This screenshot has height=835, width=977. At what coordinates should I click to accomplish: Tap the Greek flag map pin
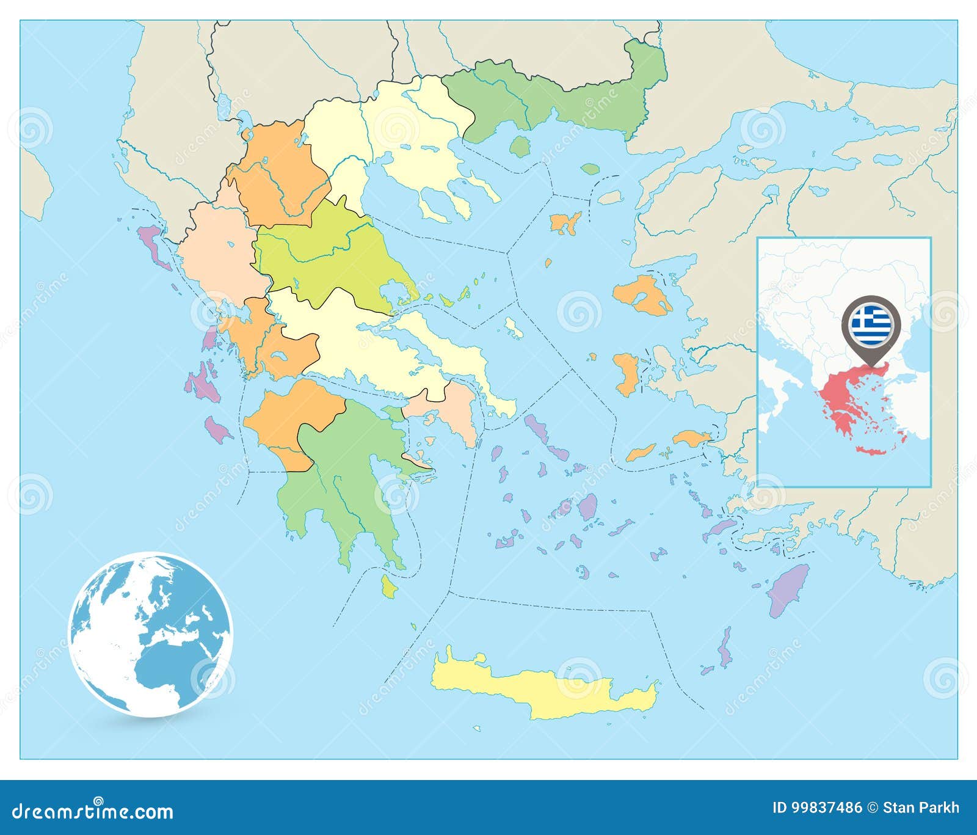click(870, 321)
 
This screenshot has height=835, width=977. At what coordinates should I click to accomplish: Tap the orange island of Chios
click(627, 374)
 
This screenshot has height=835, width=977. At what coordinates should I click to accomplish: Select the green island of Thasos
click(520, 147)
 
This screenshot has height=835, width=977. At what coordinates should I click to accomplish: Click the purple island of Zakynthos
click(217, 429)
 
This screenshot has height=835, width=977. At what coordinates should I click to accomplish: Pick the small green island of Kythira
click(388, 586)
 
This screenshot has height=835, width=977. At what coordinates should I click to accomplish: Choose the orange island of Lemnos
click(565, 223)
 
